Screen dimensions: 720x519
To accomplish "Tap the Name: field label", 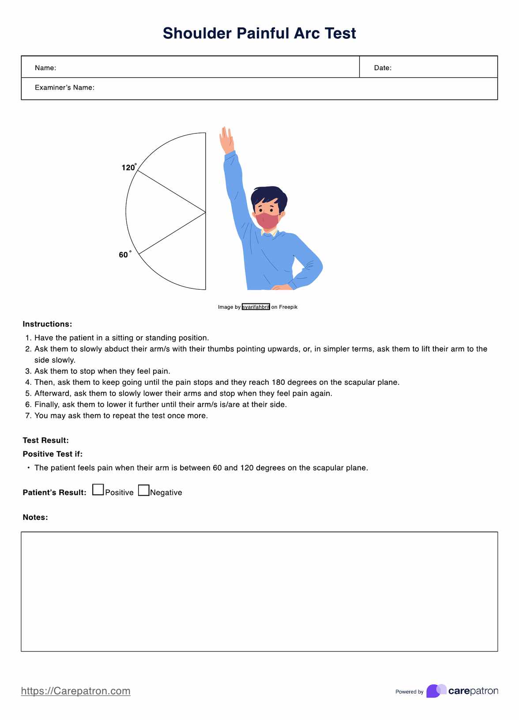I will tap(45, 68).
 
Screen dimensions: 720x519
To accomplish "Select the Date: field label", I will tap(383, 68).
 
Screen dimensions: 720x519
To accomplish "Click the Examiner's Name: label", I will tap(64, 87).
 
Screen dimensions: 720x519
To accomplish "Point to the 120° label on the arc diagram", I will tap(128, 167).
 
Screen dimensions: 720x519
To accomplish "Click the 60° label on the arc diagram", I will tap(124, 255).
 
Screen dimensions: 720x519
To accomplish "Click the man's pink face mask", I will tap(267, 220).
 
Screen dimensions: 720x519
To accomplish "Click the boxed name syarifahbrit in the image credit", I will tap(256, 307).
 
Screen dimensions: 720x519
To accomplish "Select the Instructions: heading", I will tap(47, 324).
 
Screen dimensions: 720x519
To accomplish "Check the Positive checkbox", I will tap(98, 490).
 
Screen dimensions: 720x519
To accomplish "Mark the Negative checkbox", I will tap(144, 490).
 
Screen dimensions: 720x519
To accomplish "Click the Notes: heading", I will tap(35, 517).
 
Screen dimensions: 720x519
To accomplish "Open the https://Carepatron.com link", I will tap(75, 691).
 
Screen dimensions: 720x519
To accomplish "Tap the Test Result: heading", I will tap(45, 440).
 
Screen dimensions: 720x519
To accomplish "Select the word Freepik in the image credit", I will tap(288, 307).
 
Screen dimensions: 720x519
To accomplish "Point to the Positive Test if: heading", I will tap(53, 454).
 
